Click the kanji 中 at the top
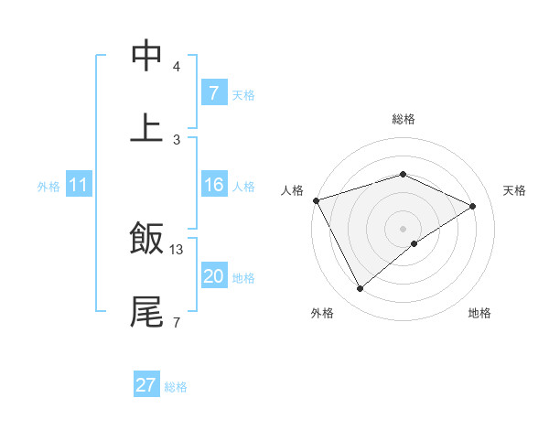pos(146,56)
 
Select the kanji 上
pos(146,128)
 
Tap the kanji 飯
pos(146,240)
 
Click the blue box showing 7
pos(213,93)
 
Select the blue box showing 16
pos(213,185)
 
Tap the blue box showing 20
pos(213,276)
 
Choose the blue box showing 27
pos(146,385)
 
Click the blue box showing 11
pos(79,185)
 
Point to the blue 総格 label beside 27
pos(176,387)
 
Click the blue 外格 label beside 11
pos(48,186)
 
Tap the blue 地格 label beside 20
pos(243,277)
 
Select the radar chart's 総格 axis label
pos(403,119)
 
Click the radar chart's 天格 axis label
pos(514,190)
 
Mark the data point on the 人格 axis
pos(316,200)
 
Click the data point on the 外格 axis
pos(360,289)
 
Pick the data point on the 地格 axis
pos(414,243)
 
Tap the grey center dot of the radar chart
pos(403,228)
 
